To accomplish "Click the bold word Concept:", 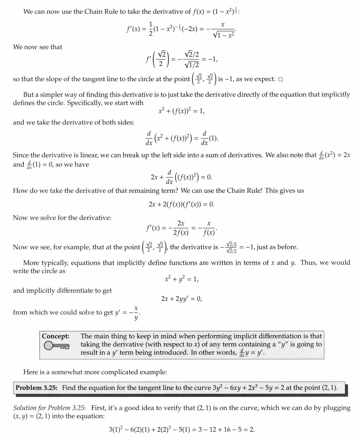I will click(55, 336).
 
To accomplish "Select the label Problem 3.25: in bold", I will click(36, 388).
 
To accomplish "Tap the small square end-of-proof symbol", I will click(280, 79).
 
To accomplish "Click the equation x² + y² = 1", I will click(181, 279).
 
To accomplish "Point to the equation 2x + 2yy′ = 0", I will click(181, 299).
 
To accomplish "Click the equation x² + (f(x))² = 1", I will click(181, 111).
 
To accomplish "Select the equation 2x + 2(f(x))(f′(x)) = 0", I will click(181, 204).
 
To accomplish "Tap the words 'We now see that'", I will click(37, 47).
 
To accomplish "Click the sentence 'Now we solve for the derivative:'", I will click(62, 218).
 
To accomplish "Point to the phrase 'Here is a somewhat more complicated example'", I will click(95, 372).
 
